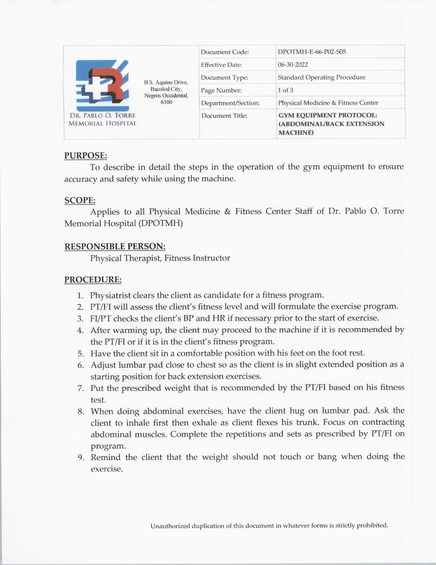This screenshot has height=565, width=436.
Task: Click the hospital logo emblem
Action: [x=103, y=84]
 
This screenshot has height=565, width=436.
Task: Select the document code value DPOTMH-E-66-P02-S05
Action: [x=312, y=52]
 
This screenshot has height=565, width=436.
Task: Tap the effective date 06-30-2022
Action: [x=293, y=65]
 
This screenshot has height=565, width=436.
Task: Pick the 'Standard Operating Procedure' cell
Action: [x=321, y=77]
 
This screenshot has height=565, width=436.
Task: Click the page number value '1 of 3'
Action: [x=285, y=90]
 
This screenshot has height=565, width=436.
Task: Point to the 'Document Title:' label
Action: [x=224, y=116]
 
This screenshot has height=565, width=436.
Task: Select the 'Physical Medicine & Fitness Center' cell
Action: [x=328, y=103]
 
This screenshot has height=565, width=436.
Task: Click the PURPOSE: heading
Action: [x=85, y=156]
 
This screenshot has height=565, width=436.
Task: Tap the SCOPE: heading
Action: [x=80, y=200]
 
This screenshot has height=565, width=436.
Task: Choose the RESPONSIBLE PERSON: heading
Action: [x=115, y=247]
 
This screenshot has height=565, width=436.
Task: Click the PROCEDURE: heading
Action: [x=93, y=280]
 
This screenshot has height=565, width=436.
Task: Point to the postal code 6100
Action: [x=167, y=102]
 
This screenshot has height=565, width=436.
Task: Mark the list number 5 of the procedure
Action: [x=81, y=354]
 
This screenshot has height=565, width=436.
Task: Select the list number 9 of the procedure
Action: [x=81, y=457]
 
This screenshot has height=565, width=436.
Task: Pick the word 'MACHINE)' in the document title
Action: [x=296, y=133]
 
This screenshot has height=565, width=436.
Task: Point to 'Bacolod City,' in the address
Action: [x=166, y=89]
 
